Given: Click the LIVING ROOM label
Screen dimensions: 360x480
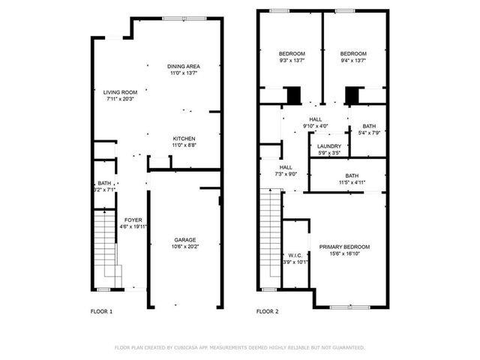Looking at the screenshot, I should tap(121, 91).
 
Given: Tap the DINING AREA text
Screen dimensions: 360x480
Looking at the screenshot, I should tap(183, 67).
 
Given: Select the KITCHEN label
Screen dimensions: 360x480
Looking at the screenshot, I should tap(184, 139).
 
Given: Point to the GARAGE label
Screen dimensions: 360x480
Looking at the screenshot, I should tap(185, 240).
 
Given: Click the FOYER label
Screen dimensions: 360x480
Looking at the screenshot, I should tap(133, 220).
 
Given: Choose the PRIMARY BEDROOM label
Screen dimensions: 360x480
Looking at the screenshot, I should tap(344, 247).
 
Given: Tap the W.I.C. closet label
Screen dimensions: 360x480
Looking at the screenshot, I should tap(295, 255).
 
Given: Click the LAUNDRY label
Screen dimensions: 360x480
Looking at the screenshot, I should tap(329, 146).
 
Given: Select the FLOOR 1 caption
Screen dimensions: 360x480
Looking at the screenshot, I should tap(101, 311).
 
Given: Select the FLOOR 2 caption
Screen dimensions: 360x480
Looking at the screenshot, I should tap(268, 311).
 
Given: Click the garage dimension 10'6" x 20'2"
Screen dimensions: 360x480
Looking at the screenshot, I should tap(185, 247).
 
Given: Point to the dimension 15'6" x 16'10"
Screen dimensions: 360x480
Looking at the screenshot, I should tap(344, 253).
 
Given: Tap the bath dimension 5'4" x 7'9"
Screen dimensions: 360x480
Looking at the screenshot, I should tap(369, 133).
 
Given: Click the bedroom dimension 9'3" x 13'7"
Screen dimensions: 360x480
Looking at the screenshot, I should tap(292, 60).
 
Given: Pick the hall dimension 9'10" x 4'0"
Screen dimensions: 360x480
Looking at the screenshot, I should tap(315, 126).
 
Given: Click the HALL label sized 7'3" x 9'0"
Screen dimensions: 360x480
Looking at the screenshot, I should tap(286, 167).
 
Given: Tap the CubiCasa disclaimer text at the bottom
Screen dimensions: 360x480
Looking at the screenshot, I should tap(239, 348).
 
